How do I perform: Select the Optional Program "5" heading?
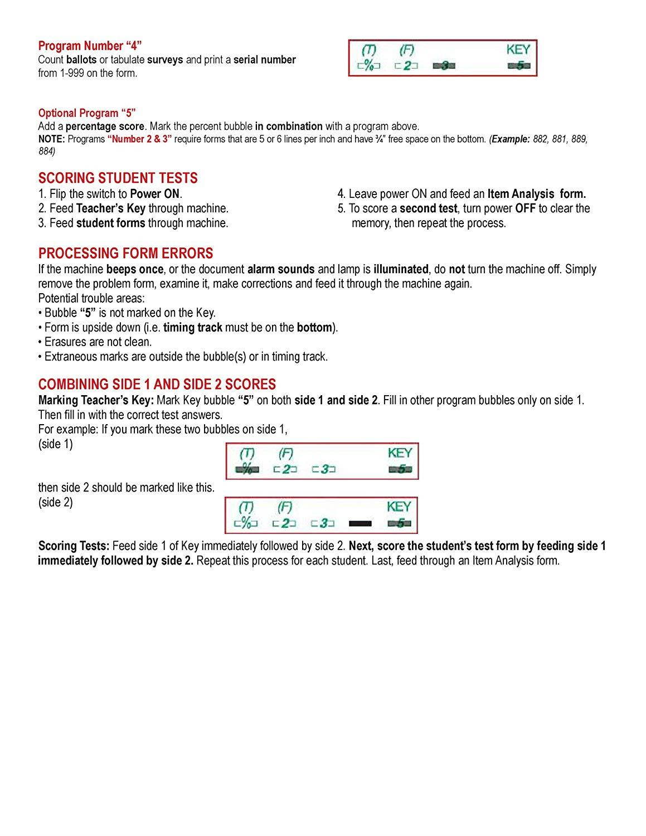(87, 113)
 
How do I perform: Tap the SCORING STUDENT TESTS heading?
(118, 178)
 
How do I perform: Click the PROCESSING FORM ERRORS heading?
(125, 254)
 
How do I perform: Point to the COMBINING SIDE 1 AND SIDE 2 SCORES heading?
(157, 385)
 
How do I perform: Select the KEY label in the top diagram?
(518, 50)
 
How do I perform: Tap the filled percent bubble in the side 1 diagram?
(247, 470)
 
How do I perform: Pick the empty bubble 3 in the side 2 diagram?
(323, 523)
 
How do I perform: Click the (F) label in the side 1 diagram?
(285, 453)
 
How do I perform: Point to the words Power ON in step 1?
(156, 194)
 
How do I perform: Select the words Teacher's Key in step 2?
(110, 208)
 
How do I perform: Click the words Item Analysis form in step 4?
(536, 194)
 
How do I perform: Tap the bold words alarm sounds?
(281, 269)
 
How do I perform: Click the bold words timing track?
(192, 328)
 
